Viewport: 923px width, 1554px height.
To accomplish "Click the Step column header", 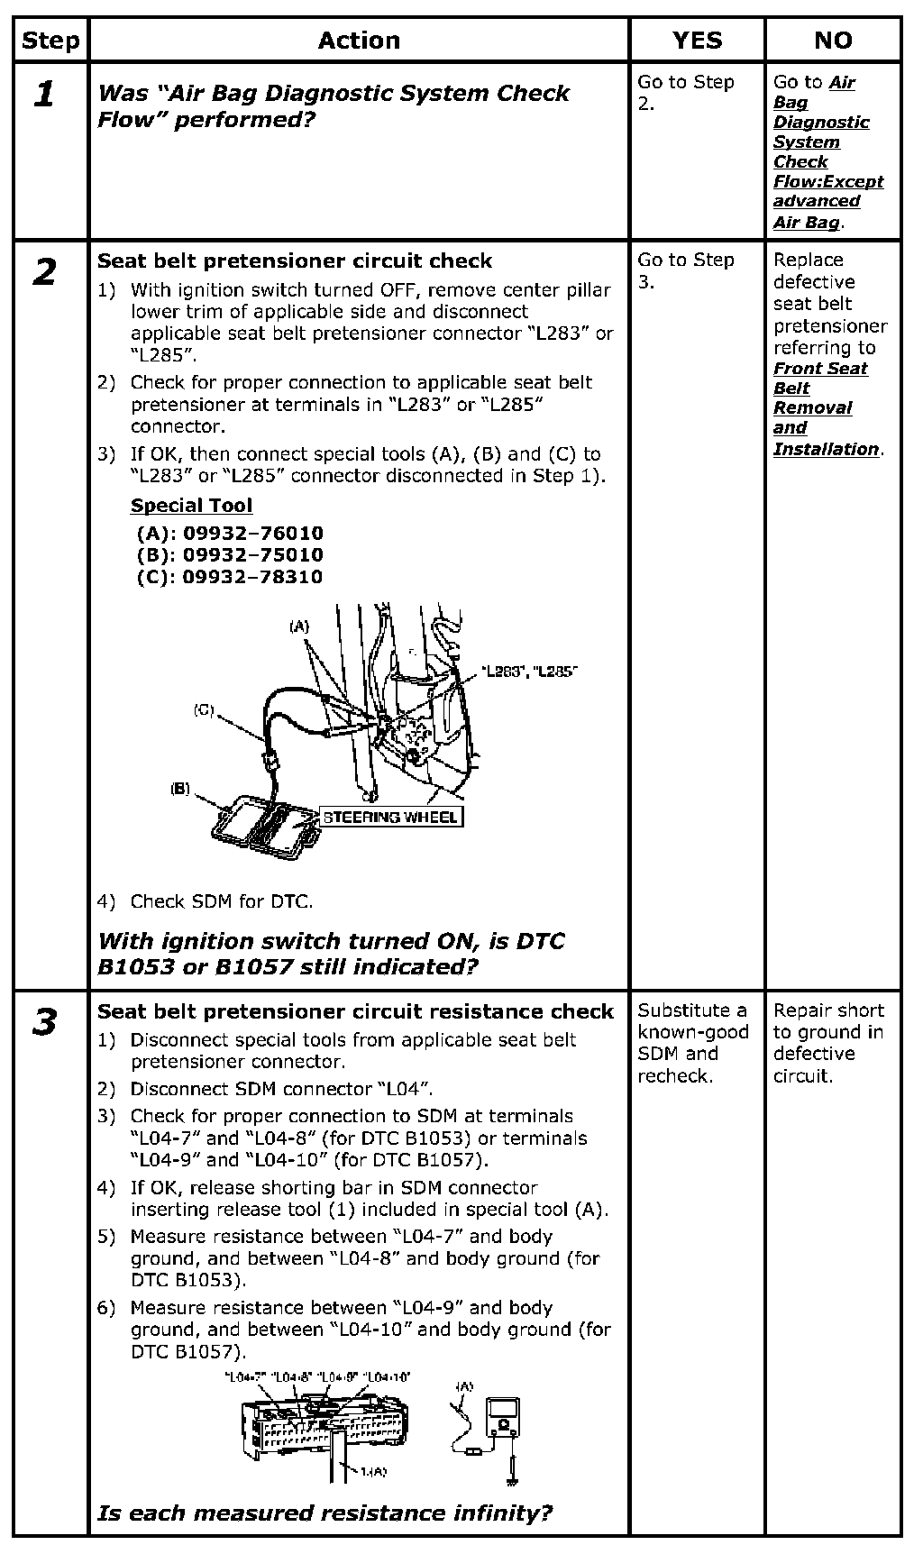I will point(50,41).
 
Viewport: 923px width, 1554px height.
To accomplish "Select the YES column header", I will point(697,41).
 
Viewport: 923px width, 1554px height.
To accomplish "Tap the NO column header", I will point(832,41).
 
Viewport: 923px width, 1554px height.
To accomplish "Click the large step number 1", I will point(44,94).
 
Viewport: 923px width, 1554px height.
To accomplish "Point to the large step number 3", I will point(44,1022).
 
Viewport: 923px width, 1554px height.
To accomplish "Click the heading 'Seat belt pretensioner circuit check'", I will point(295,261).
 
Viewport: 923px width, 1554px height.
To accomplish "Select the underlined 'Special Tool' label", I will point(191,506).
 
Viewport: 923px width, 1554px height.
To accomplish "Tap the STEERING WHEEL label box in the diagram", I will point(390,818).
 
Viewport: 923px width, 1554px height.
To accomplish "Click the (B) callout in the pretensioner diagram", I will point(180,789).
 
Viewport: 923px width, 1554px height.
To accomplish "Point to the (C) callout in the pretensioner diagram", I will point(204,710).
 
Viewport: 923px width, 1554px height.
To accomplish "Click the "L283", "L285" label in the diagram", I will point(528,672).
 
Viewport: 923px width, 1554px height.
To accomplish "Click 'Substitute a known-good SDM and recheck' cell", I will point(692,1043).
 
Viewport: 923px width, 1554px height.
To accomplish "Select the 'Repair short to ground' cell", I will point(828,1043).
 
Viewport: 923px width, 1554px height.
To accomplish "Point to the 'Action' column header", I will point(358,41).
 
